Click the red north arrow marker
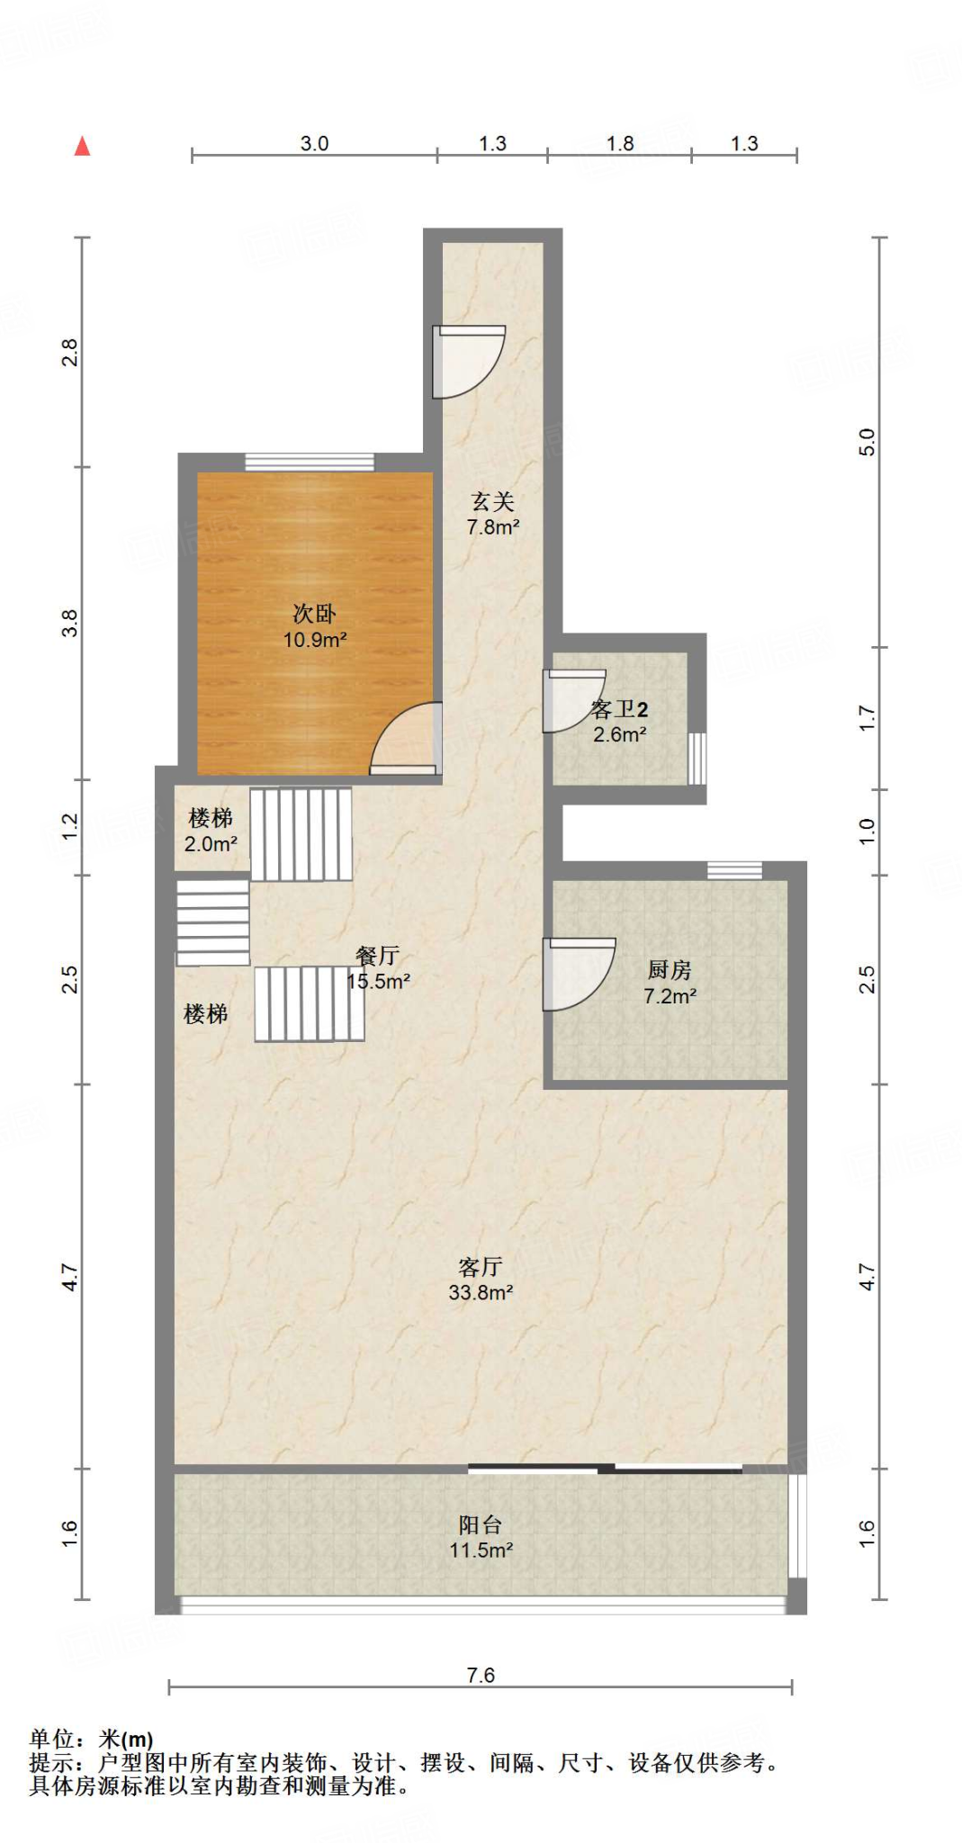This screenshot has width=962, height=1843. point(82,146)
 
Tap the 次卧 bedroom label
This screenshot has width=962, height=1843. point(314,614)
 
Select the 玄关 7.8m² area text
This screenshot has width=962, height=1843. point(493,527)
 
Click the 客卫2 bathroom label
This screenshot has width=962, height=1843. point(619,709)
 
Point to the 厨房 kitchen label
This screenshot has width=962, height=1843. point(670,970)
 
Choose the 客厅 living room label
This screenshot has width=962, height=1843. point(481,1267)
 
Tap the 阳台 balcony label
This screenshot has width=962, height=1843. point(481,1524)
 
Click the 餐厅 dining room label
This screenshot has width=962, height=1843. point(378,956)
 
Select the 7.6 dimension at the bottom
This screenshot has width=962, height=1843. point(481,1675)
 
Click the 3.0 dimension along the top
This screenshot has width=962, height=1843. point(314,143)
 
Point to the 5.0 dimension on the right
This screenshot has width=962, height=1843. point(867,442)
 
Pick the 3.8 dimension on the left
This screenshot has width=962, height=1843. point(69,623)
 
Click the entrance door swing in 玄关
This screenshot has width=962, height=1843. point(468,361)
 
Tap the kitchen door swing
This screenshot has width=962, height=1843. point(579,975)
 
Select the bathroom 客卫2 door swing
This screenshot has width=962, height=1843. point(574,701)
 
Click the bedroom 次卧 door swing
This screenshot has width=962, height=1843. point(406,738)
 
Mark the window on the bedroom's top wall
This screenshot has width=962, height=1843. point(310,463)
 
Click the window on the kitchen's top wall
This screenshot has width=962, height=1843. point(734,870)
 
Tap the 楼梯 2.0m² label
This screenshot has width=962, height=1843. point(211,831)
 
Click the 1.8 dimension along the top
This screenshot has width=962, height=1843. point(620,143)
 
